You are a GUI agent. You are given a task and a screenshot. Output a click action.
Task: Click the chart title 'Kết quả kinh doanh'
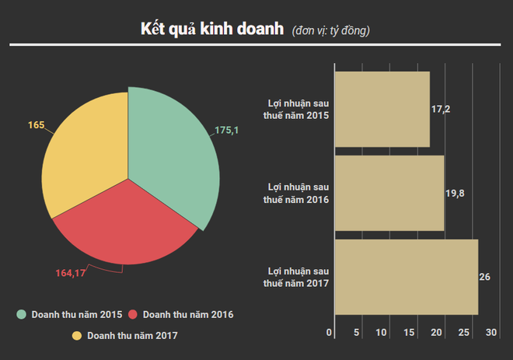click(212, 30)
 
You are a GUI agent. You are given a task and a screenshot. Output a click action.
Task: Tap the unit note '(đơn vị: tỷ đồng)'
click(330, 32)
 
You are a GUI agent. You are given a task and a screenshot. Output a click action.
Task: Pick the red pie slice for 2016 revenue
click(124, 229)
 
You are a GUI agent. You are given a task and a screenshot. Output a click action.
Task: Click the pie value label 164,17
click(71, 273)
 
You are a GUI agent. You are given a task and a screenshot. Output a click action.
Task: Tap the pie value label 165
click(36, 124)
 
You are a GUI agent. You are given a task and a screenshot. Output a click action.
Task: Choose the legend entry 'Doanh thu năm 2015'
click(71, 315)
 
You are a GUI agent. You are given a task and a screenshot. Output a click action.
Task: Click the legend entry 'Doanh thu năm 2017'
click(124, 335)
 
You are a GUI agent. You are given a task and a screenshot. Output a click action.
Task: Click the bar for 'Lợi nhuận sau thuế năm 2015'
click(382, 109)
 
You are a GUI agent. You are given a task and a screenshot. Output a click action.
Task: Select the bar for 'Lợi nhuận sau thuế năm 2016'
click(389, 193)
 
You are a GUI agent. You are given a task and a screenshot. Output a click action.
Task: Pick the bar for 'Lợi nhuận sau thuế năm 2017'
click(406, 277)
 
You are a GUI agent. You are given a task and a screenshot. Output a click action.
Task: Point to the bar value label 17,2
click(441, 109)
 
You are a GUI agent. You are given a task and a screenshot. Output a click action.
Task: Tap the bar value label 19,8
click(455, 193)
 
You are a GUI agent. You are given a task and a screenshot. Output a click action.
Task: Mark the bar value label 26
click(485, 277)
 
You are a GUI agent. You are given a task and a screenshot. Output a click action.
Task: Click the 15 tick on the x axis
click(409, 333)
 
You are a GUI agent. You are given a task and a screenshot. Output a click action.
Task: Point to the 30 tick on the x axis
click(491, 333)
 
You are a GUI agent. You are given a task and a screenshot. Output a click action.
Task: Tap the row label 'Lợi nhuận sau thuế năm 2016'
click(298, 194)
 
